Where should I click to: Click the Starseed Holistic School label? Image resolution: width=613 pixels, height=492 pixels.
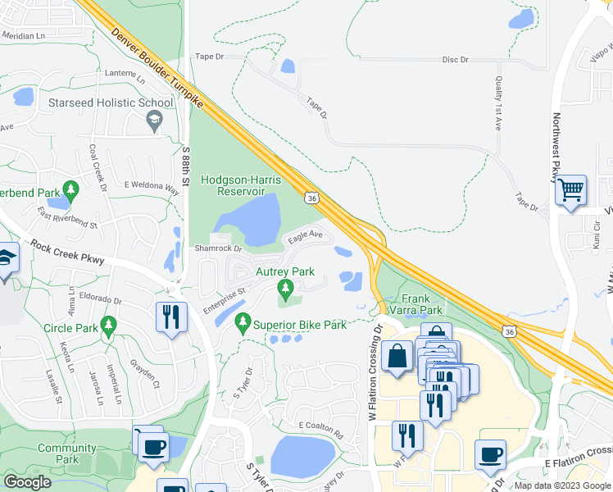coord(111,103)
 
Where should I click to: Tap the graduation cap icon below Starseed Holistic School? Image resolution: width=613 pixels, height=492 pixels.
coord(153,122)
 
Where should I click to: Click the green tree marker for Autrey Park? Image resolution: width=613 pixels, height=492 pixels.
coord(285,288)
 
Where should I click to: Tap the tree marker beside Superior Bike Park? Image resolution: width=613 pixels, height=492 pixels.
coord(243,324)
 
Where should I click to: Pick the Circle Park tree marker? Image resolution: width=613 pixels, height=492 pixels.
coord(107,327)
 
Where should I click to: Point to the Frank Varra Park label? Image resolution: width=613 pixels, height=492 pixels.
coord(421,305)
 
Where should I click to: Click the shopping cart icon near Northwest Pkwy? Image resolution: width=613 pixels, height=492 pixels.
coord(570,191)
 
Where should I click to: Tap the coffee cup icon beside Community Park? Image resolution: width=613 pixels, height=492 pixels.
coord(152,447)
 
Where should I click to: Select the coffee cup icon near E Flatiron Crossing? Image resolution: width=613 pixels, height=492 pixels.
coord(490,454)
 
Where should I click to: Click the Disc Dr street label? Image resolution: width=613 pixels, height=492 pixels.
coord(455,60)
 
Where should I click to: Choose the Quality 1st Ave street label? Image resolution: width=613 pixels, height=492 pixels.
coord(498,103)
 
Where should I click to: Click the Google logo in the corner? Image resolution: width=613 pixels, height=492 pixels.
coord(26,482)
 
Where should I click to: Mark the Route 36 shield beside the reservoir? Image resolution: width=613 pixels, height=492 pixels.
coord(311,198)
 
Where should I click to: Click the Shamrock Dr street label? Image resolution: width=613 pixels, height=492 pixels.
coord(219,248)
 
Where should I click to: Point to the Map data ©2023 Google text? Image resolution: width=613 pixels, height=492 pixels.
coord(562,485)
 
